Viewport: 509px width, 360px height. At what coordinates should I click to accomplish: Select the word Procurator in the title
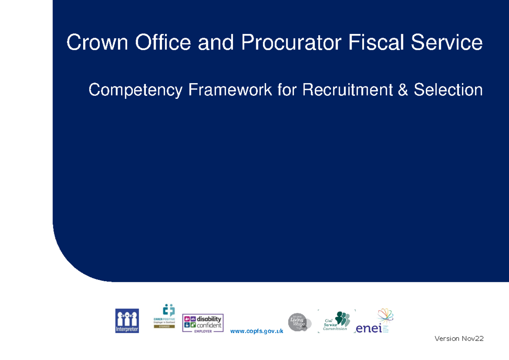(291, 43)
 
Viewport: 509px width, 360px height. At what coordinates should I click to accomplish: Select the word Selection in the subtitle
(448, 90)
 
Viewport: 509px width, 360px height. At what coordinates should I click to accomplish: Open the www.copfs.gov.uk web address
(257, 331)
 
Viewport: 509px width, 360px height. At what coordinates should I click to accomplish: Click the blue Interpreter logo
(127, 321)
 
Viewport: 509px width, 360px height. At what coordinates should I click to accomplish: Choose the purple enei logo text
(369, 328)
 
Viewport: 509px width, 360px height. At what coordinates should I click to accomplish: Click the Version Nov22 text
(459, 339)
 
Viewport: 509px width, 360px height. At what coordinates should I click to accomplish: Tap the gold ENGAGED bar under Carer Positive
(164, 327)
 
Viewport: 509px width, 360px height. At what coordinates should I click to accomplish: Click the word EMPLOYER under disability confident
(203, 331)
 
